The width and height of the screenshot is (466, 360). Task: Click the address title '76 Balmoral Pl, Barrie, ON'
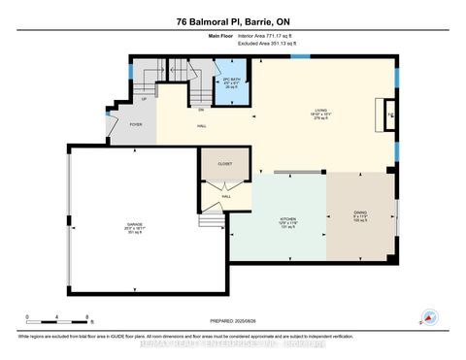(x=232, y=22)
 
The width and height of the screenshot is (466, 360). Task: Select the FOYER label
(x=121, y=124)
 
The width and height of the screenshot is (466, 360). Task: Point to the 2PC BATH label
(x=231, y=80)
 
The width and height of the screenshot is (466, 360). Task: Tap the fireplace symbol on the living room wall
(x=388, y=114)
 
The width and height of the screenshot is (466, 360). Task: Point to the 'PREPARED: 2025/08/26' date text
(x=233, y=321)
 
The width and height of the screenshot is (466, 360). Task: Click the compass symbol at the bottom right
(x=424, y=316)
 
